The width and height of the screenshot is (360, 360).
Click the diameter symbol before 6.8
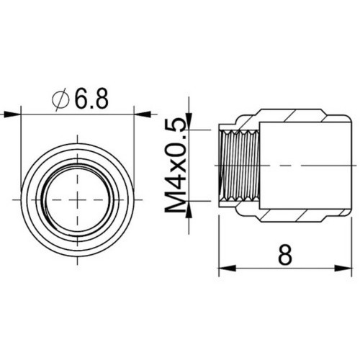[60, 99]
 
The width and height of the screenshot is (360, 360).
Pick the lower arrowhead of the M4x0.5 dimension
[191, 212]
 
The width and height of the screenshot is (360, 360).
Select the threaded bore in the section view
[238, 166]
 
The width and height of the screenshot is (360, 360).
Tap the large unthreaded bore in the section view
[295, 166]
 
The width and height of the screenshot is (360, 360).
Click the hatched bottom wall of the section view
[295, 216]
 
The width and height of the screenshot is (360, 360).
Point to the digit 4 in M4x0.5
[174, 186]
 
